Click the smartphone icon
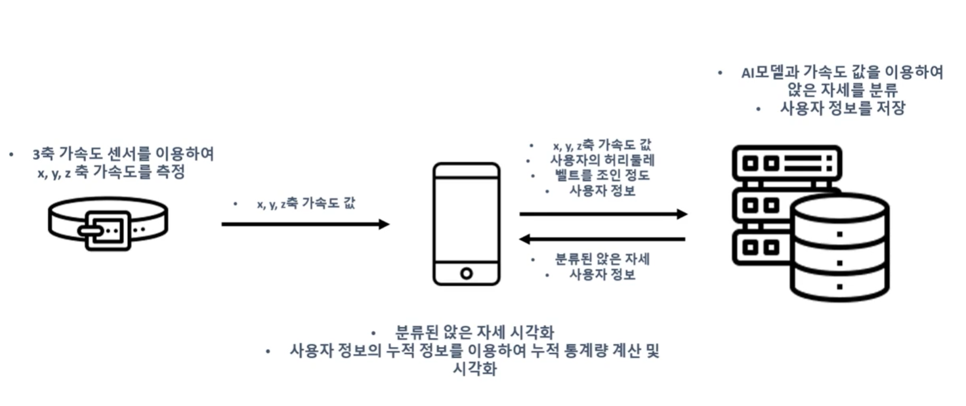pos(466,224)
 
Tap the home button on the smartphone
pos(466,272)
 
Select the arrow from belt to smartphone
pos(305,224)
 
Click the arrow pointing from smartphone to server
pos(603,214)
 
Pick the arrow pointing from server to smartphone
pos(603,239)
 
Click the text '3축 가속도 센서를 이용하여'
pos(123,155)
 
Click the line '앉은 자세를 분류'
pos(842,91)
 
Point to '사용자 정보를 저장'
pos(842,109)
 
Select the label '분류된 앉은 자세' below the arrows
pos(602,258)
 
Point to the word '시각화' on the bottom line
pos(474,369)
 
